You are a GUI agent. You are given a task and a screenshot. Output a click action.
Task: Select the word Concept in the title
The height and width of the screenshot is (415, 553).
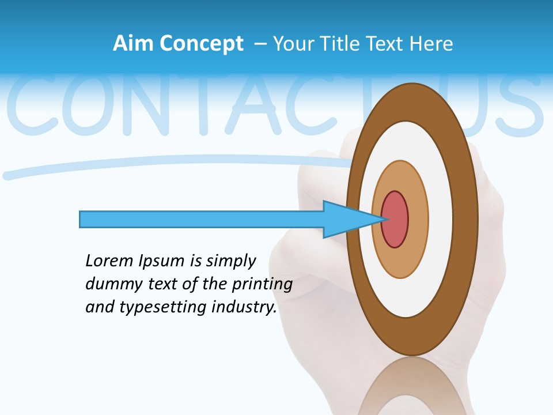click(202, 44)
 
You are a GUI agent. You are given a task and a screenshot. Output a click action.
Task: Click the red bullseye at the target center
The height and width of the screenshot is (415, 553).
click(395, 220)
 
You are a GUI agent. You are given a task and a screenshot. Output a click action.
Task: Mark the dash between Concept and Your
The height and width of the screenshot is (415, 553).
click(259, 44)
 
